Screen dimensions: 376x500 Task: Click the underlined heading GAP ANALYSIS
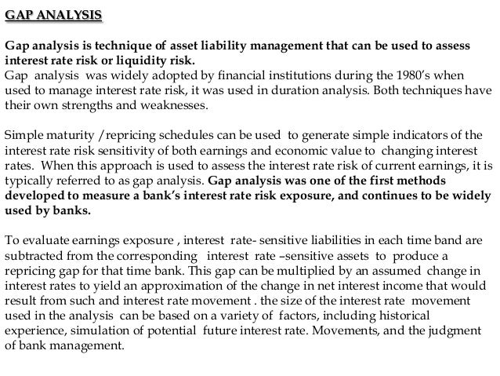53,16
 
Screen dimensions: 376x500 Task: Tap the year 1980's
420,77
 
